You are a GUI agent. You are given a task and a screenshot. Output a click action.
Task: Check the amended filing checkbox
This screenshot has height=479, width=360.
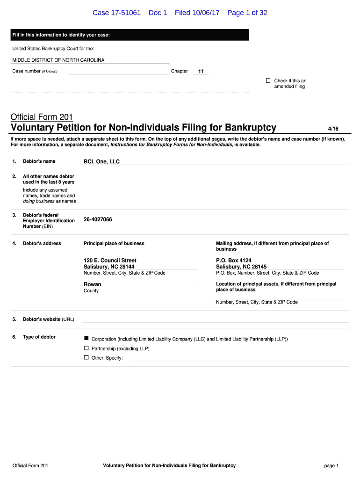[268, 80]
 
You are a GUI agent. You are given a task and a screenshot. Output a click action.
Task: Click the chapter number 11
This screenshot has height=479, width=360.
[201, 72]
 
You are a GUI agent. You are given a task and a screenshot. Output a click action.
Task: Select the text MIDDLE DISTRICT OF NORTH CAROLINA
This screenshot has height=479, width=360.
[58, 60]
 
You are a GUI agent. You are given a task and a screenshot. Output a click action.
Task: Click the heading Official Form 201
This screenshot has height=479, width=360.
[42, 117]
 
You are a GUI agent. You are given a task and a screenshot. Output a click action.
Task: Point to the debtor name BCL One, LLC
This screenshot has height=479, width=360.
[101, 161]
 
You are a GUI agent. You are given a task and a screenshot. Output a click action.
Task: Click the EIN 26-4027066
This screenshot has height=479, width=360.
[98, 219]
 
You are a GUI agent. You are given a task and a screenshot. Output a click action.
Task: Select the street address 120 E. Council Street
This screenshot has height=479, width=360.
[110, 260]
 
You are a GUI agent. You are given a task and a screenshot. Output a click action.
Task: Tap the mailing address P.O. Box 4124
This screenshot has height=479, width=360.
[234, 260]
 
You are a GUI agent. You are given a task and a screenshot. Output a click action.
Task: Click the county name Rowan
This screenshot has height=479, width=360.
[92, 284]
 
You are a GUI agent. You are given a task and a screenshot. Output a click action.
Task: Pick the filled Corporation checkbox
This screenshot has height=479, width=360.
[86, 338]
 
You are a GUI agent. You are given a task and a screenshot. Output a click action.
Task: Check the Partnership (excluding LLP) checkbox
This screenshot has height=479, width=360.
[86, 348]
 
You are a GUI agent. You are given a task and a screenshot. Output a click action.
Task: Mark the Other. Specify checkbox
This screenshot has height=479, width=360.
[86, 357]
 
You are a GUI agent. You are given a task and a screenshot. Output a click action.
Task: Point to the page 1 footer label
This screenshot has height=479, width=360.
[331, 465]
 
